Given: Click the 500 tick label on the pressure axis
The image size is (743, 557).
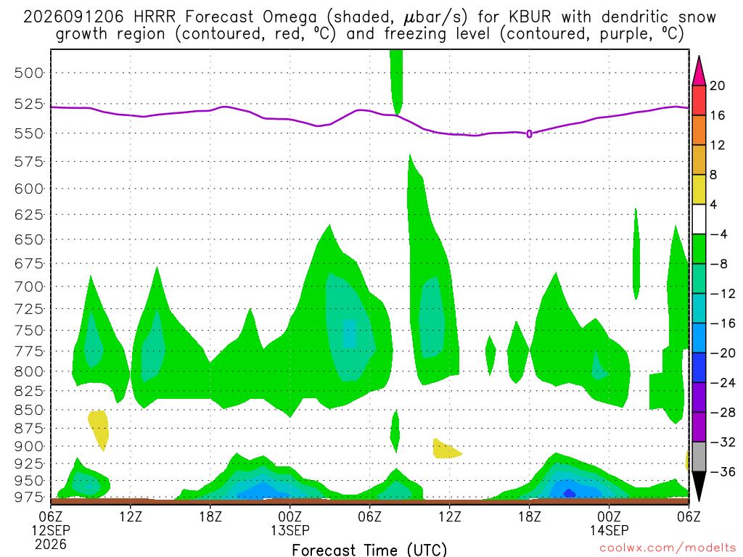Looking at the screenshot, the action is click(28, 73).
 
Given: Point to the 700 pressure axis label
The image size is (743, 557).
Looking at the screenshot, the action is click(28, 286).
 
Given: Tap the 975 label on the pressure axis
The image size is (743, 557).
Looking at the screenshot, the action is click(28, 497).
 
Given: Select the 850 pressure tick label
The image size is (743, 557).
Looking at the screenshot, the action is click(28, 410).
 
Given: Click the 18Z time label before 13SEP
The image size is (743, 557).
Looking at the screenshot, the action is click(210, 516).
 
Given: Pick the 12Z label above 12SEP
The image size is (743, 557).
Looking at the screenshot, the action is click(131, 516).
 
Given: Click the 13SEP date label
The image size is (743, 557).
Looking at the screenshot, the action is click(290, 530).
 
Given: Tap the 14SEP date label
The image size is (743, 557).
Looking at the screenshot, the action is click(609, 530).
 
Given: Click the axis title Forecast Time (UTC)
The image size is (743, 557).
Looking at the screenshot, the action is click(369, 550).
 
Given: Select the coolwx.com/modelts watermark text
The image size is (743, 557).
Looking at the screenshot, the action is click(668, 548).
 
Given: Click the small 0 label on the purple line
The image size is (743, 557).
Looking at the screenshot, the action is click(529, 134).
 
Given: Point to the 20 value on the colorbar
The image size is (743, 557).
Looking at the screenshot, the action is click(718, 86).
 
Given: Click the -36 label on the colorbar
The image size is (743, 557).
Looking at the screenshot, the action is click(722, 471).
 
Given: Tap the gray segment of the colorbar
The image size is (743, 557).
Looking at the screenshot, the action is click(699, 457).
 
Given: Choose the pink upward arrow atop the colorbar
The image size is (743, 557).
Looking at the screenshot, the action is click(699, 70).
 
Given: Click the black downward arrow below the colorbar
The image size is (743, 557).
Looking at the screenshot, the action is click(699, 486).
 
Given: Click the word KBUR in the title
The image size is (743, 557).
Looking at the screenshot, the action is click(530, 17).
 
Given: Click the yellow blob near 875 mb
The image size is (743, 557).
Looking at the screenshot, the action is click(99, 429).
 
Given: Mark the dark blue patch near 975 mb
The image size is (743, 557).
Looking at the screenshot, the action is click(569, 493).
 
